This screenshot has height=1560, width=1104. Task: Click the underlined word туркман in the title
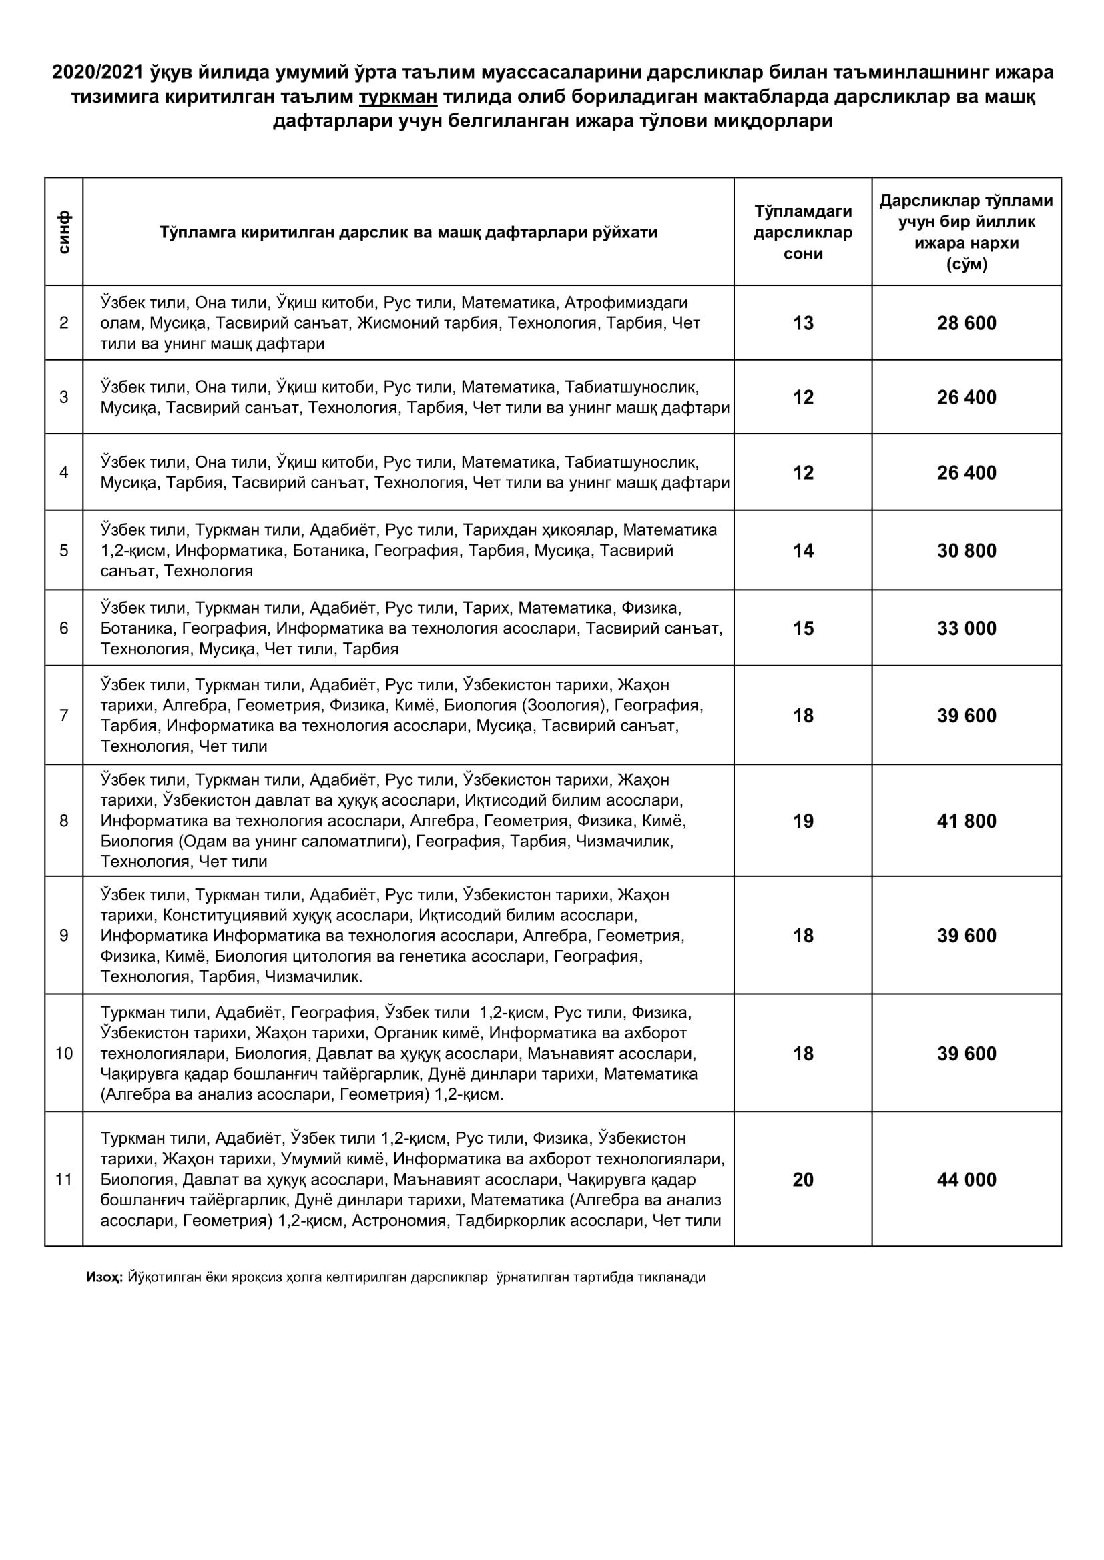[x=398, y=97]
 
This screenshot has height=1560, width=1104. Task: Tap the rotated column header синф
[x=64, y=232]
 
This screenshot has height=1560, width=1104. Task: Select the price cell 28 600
[x=966, y=323]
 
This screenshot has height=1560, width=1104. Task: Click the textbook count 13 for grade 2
[x=803, y=323]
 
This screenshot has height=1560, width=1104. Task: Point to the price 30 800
[x=966, y=550]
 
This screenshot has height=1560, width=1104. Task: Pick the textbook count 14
[x=803, y=550]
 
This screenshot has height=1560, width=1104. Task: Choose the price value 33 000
[x=966, y=628]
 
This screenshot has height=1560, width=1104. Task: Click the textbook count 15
[x=803, y=628]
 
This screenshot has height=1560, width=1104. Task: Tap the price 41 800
[x=966, y=821]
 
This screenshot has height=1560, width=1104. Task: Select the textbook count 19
[x=803, y=821]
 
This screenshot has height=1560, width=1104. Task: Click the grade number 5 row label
[x=64, y=550]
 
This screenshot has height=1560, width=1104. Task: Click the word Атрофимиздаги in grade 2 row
[x=626, y=302]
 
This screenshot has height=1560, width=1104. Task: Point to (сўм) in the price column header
[x=966, y=264]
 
